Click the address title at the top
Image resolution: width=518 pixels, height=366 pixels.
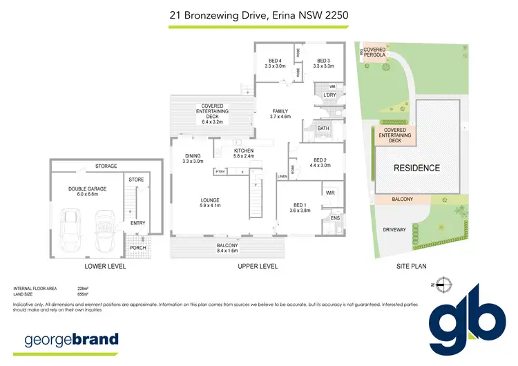click(259, 14)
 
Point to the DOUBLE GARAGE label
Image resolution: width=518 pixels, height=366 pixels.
click(84, 191)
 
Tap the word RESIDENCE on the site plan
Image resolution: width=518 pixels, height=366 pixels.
click(416, 168)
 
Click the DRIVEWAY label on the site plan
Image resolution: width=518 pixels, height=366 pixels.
click(394, 229)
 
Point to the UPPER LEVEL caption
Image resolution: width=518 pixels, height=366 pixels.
click(258, 266)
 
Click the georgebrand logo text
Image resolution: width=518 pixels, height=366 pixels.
click(72, 339)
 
